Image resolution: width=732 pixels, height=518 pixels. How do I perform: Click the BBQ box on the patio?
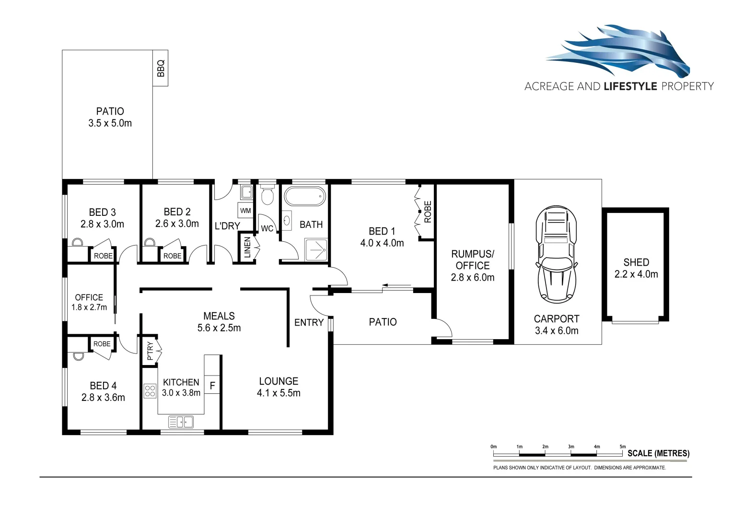[161, 68]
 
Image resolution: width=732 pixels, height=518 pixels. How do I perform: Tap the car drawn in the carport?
[556, 254]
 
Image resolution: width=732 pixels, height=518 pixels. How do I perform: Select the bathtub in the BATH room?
[305, 197]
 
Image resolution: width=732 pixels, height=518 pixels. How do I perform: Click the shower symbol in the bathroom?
[316, 249]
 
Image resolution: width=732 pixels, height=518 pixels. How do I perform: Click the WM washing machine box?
[245, 211]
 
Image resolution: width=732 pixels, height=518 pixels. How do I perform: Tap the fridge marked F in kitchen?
[212, 386]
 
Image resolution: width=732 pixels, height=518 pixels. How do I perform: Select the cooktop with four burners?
[150, 391]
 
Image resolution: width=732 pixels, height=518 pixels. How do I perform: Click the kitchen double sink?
[181, 422]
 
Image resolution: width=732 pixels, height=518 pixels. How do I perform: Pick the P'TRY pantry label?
[150, 351]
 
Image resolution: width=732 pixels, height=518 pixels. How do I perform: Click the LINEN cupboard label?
[247, 247]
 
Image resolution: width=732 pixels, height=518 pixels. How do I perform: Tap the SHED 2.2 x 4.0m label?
[636, 268]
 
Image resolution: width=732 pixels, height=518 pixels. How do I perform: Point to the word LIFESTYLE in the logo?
[630, 86]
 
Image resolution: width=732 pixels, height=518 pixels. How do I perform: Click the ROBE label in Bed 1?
[428, 212]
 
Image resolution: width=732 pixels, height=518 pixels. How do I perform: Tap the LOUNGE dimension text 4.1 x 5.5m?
[279, 393]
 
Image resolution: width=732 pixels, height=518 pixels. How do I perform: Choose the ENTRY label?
[309, 323]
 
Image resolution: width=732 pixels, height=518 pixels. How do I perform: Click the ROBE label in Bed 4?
[102, 344]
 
